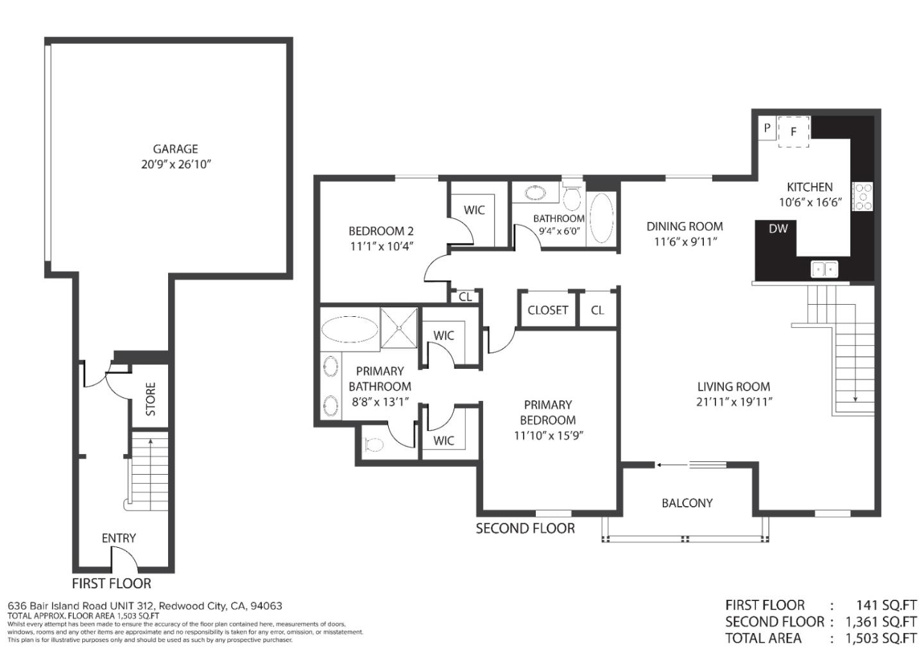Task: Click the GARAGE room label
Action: pyautogui.click(x=175, y=149)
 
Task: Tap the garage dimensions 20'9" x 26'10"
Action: pyautogui.click(x=175, y=164)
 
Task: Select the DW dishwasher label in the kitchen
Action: pyautogui.click(x=778, y=228)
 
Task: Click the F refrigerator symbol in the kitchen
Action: pyautogui.click(x=793, y=132)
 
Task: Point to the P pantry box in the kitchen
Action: pyautogui.click(x=766, y=128)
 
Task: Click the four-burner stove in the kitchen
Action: pyautogui.click(x=862, y=197)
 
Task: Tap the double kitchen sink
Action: pyautogui.click(x=824, y=269)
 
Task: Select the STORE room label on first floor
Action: pyautogui.click(x=150, y=399)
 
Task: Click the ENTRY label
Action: pyautogui.click(x=119, y=538)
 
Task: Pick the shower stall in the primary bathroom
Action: pyautogui.click(x=399, y=328)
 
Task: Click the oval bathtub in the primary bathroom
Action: pyautogui.click(x=350, y=330)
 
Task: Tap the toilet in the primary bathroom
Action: pyautogui.click(x=374, y=444)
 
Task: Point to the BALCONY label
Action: pyautogui.click(x=687, y=503)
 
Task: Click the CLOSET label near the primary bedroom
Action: pyautogui.click(x=547, y=310)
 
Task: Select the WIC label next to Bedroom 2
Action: pyautogui.click(x=474, y=210)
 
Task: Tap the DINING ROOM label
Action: pyautogui.click(x=684, y=226)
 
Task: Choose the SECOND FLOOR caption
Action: pyautogui.click(x=525, y=528)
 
